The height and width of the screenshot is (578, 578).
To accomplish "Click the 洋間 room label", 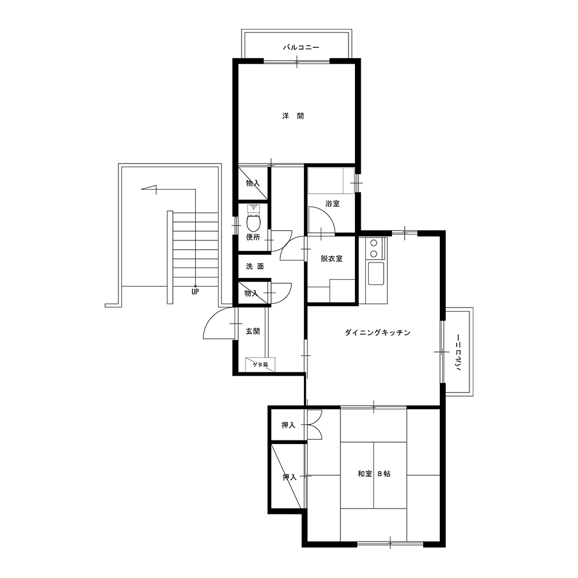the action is point(293,116).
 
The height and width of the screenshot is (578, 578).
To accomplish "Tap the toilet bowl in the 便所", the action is point(253,223).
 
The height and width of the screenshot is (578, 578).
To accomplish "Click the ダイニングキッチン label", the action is point(377,332).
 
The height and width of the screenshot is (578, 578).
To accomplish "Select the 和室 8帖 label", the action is point(374,474).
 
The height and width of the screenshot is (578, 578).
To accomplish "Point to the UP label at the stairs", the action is point(195,291).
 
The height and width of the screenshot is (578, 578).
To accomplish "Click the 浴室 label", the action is point(332,203).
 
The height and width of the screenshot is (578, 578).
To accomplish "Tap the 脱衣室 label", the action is point(331,258).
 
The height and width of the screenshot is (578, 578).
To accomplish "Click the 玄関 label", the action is point(253,331).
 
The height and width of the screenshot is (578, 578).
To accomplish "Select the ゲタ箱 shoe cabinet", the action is point(260,364).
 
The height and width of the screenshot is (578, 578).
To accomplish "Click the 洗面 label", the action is point(255,266).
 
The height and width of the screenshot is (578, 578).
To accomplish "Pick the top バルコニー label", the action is point(301,47).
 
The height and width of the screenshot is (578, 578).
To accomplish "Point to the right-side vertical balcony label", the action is point(458,352).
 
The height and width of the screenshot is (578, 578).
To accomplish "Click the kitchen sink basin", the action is point(376,273).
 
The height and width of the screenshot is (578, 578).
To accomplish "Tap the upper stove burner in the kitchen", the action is point(374,243).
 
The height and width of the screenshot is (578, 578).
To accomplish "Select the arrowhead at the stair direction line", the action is point(149,190).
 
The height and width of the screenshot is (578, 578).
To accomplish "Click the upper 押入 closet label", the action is point(288,425).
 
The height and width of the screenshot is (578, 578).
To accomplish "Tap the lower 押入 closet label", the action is point(290,477).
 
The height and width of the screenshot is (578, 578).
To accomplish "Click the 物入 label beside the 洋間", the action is point(253,183).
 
